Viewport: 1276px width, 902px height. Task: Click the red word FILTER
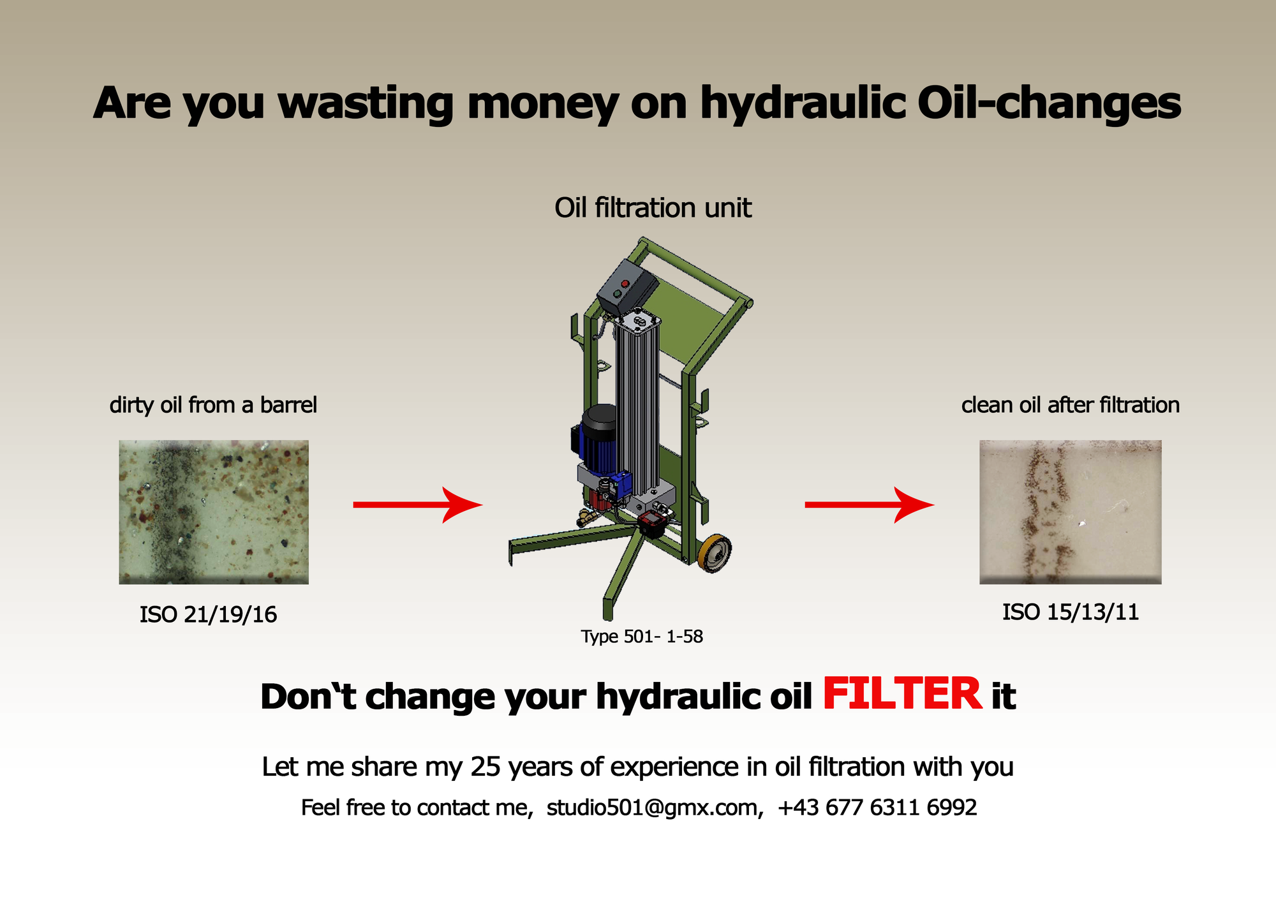(x=902, y=694)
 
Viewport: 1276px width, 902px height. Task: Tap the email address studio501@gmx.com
(x=655, y=808)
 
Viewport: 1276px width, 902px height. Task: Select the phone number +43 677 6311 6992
(x=877, y=808)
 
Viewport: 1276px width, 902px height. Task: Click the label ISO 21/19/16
(x=209, y=615)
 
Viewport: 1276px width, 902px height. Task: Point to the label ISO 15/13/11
(x=1071, y=612)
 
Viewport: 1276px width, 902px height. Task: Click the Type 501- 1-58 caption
(x=642, y=637)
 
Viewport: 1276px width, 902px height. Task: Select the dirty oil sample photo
(x=214, y=512)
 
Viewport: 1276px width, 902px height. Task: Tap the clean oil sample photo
(x=1071, y=512)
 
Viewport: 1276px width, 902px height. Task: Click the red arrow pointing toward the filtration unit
(x=418, y=505)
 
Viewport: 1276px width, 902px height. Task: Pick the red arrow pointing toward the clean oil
(x=870, y=505)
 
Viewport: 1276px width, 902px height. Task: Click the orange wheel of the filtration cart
(x=715, y=552)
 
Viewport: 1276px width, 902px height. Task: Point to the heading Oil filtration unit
(x=653, y=208)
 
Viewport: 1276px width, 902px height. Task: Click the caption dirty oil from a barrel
(x=213, y=405)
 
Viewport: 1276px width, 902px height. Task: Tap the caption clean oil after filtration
(x=1071, y=405)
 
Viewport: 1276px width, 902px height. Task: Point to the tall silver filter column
(x=637, y=408)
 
